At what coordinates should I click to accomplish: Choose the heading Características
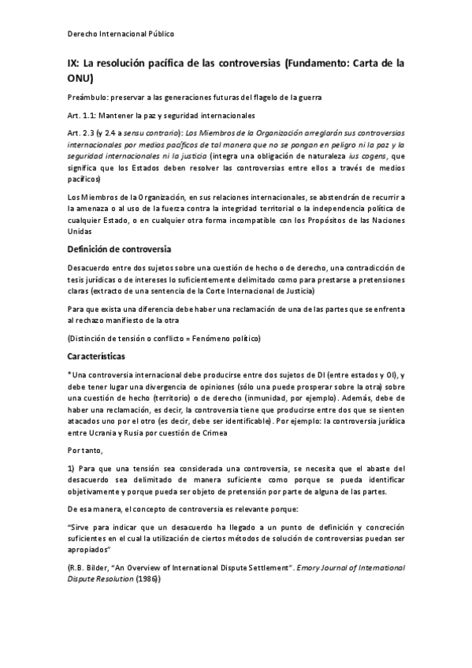tap(102, 356)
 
